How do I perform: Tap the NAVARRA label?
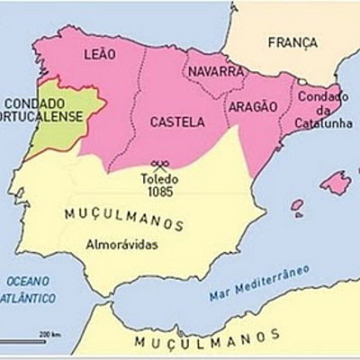[x=214, y=71]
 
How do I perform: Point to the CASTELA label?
[x=176, y=121]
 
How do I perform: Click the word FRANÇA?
[x=292, y=42]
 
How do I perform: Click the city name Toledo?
[x=160, y=178]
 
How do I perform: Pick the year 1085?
[x=160, y=191]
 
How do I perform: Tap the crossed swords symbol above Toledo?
[x=161, y=165]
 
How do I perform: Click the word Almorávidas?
[x=122, y=243]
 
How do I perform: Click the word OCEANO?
[x=24, y=282]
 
